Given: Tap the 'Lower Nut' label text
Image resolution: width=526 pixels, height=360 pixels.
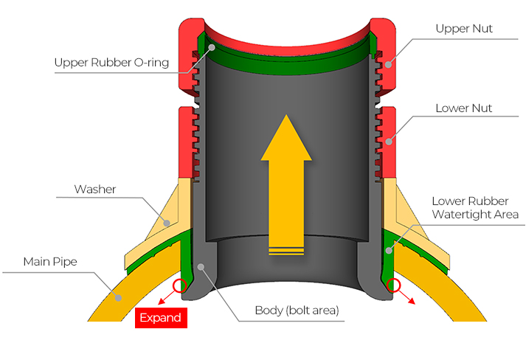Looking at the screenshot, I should click(463, 108).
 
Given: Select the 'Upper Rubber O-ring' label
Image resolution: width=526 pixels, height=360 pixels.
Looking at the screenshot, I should click(111, 63).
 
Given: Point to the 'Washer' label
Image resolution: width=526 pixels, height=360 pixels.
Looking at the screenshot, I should click(95, 189).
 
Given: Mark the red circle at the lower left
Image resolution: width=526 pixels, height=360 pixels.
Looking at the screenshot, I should click(177, 285).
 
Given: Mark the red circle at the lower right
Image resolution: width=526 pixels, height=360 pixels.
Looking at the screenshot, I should click(393, 285).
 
